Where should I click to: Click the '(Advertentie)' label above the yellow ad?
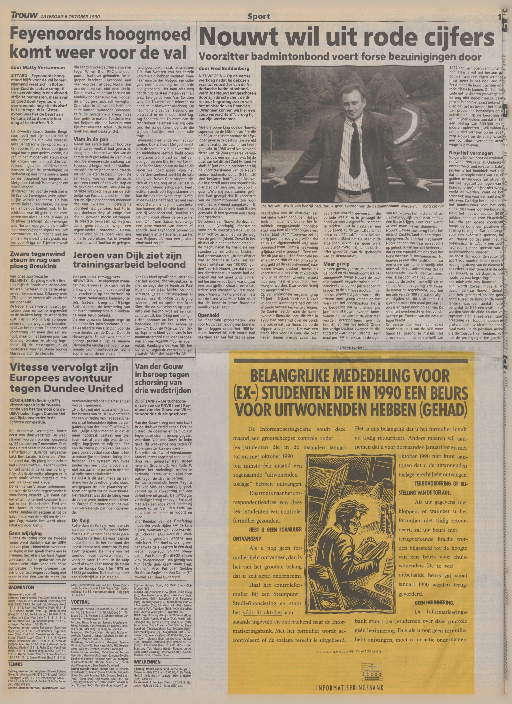(352, 348)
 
